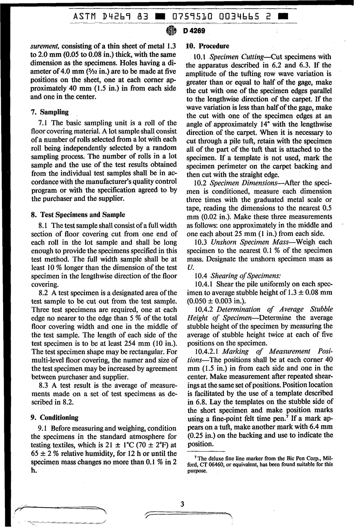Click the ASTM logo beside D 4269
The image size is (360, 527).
(x=171, y=31)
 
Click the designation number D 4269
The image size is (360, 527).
(x=194, y=31)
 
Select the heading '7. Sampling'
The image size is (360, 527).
(x=49, y=112)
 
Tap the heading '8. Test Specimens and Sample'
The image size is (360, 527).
(x=78, y=215)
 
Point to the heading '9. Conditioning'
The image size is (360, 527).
(x=54, y=418)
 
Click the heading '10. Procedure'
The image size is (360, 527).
(x=208, y=46)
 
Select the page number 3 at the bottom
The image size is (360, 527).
(x=182, y=504)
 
